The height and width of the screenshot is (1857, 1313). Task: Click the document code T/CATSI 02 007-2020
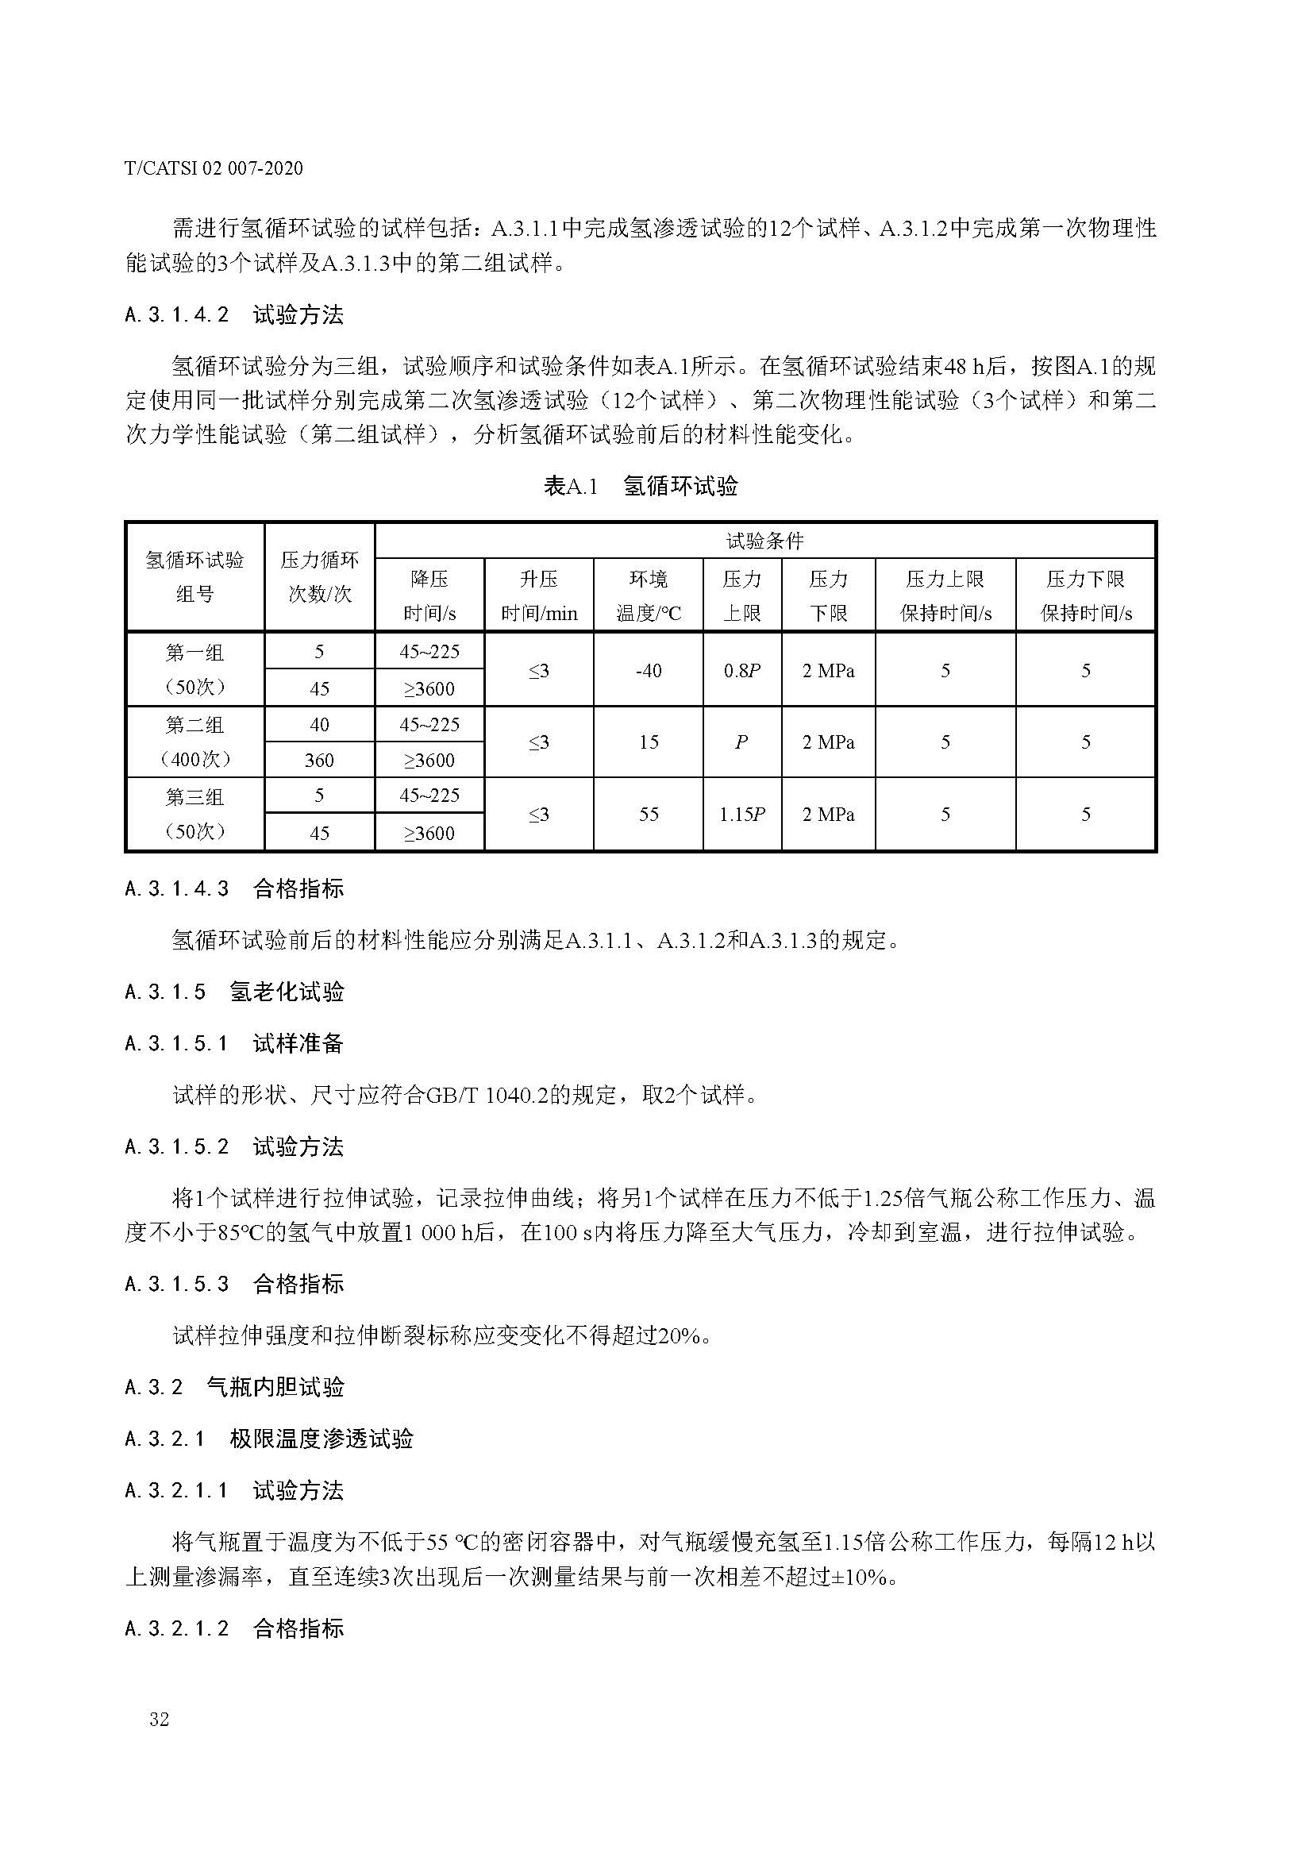pos(214,168)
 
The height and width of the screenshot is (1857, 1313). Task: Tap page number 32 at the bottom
pos(160,1719)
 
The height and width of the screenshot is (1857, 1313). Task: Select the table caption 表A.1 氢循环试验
pos(641,486)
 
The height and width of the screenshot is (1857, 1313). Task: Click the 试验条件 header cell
pos(764,541)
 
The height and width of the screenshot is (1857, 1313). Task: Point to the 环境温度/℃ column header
pos(649,595)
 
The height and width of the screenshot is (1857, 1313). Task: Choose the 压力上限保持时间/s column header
pos(945,595)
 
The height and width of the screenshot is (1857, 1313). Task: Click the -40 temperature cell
pos(649,671)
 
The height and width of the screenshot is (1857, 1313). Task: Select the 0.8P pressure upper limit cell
pos(742,671)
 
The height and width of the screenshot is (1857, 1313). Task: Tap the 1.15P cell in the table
pos(742,815)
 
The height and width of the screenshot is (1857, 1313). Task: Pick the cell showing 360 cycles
pos(319,761)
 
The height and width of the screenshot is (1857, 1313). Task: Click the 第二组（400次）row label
pos(194,742)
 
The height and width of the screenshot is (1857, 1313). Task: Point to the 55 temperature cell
pos(649,815)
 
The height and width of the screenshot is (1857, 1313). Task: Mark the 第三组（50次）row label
pos(194,815)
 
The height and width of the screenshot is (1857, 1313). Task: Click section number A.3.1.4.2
pos(178,314)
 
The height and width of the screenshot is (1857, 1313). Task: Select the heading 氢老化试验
pos(287,992)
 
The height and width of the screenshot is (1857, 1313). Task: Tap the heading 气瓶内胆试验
pos(275,1387)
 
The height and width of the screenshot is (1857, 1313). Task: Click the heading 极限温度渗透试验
pos(321,1439)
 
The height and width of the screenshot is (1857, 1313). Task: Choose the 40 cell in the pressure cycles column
pos(319,725)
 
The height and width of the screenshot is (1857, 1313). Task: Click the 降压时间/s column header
pos(429,595)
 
